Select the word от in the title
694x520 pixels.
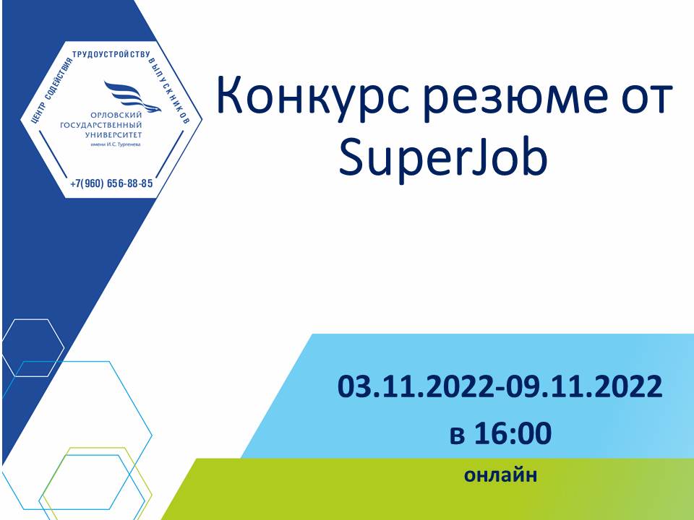648,98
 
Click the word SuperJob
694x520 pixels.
443,157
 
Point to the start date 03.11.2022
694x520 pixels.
416,386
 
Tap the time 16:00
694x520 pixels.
513,433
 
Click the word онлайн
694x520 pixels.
500,475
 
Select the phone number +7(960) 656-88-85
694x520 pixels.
111,183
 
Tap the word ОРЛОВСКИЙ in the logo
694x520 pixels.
116,116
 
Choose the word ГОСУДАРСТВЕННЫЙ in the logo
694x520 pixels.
101,125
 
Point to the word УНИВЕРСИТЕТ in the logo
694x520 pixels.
113,135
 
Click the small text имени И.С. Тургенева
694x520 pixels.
116,144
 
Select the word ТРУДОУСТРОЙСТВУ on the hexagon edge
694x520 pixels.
111,54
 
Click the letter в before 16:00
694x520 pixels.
457,435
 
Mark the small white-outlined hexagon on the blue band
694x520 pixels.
33,319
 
